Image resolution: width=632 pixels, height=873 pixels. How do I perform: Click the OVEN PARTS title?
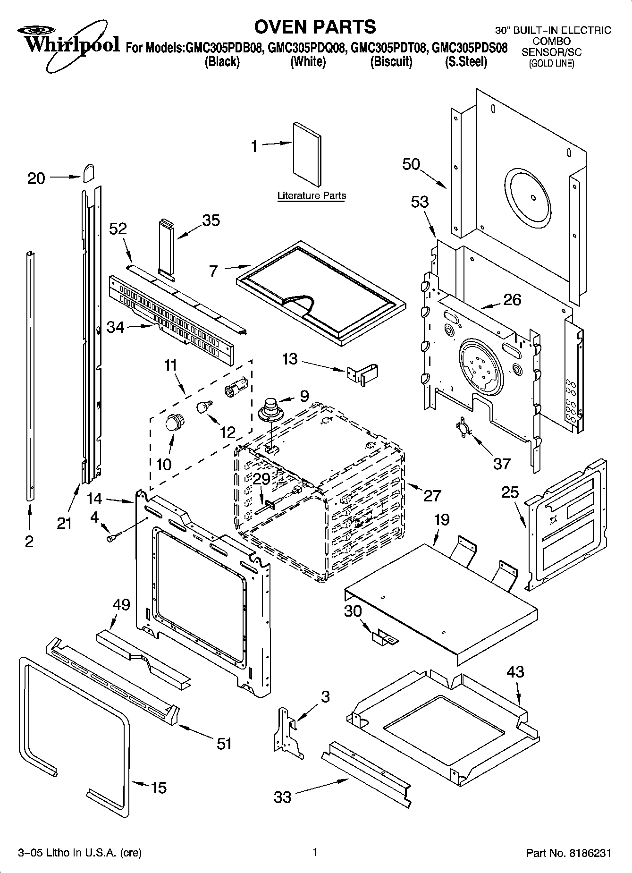[315, 26]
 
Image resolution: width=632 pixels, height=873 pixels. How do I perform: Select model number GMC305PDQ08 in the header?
[307, 48]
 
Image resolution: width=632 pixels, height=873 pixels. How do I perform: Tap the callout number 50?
[411, 164]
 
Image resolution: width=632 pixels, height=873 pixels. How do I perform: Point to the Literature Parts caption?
[312, 195]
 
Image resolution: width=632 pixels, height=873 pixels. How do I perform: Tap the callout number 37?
[502, 464]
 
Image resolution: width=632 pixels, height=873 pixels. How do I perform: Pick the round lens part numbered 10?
[175, 422]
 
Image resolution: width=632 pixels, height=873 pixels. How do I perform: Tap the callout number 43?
[515, 671]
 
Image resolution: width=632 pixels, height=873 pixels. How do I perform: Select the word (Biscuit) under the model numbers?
[391, 62]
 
